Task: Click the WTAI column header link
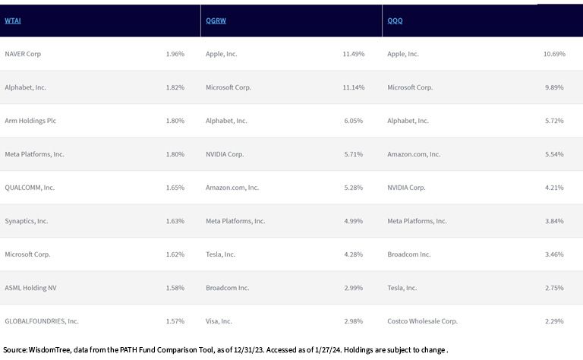(x=13, y=21)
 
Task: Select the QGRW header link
(x=216, y=21)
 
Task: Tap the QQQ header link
(x=395, y=21)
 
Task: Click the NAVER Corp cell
(x=23, y=54)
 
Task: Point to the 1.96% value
(x=175, y=54)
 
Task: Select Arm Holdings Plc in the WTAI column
(x=30, y=121)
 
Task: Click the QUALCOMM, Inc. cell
(x=30, y=188)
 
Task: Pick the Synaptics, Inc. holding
(x=27, y=221)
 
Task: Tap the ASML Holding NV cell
(x=30, y=288)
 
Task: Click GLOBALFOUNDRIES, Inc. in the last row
(x=42, y=321)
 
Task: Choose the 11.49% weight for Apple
(x=354, y=54)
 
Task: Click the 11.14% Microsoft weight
(x=354, y=87)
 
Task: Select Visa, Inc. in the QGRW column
(x=219, y=321)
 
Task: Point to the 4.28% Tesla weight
(x=354, y=254)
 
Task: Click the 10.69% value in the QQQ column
(x=554, y=54)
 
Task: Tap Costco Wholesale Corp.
(x=422, y=321)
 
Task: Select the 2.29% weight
(x=554, y=321)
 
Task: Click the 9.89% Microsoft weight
(x=554, y=87)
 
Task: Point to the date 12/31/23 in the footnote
(x=249, y=350)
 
